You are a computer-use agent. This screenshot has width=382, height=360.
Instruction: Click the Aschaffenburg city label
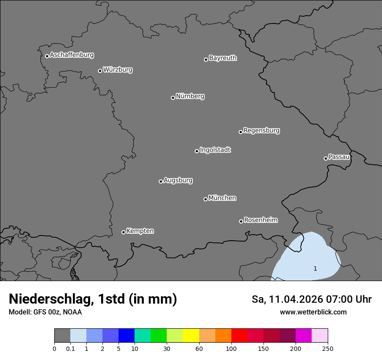[72, 55]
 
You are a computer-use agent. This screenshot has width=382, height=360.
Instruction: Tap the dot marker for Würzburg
[100, 71]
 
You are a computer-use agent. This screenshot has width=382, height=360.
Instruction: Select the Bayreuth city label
[223, 58]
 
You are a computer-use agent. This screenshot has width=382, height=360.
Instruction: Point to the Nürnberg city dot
[173, 98]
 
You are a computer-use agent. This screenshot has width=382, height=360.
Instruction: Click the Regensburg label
[261, 131]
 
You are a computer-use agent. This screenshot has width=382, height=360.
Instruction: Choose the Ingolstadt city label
[215, 150]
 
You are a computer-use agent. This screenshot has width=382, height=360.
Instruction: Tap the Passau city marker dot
[326, 158]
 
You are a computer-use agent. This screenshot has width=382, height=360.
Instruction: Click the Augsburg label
[178, 180]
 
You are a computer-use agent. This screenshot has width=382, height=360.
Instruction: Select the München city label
[222, 198]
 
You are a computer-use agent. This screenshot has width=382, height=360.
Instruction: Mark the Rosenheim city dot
[241, 222]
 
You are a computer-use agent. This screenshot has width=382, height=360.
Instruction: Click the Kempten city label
[140, 231]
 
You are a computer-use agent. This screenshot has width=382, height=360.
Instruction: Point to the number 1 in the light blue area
[315, 269]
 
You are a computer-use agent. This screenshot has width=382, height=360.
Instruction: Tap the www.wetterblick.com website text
[313, 312]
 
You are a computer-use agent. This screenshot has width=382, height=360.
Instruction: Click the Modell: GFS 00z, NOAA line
[45, 312]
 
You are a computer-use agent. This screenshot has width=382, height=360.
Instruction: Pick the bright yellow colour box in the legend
[191, 336]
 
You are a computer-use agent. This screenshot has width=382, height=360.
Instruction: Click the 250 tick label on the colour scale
[328, 348]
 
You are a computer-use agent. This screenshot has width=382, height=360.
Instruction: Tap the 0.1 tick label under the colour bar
[70, 348]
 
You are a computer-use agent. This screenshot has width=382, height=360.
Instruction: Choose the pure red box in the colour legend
[239, 336]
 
